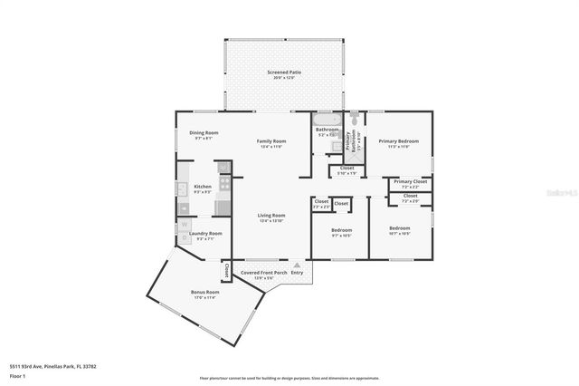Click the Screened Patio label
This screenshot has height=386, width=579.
283,72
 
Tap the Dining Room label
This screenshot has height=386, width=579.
204,133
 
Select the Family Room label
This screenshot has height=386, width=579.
271,141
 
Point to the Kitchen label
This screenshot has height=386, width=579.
203,187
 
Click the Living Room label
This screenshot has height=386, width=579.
271,216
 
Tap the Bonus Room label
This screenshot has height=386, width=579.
204,293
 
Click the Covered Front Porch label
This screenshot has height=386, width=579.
263,272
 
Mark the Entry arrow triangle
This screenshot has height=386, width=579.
295,265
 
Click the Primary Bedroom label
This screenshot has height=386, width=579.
398,141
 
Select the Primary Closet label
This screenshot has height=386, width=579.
410,181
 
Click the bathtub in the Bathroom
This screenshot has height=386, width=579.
327,119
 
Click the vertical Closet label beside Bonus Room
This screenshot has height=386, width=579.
226,271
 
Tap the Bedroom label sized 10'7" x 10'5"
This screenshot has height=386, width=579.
399,228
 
